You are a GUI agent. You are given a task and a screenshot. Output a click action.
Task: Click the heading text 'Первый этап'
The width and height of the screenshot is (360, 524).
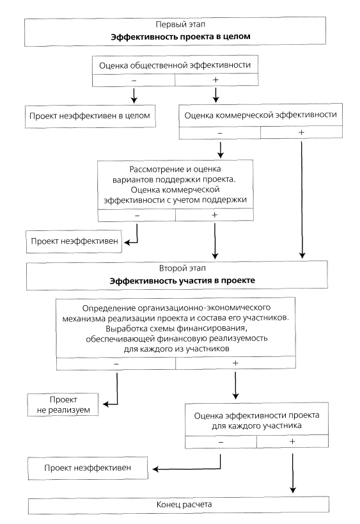[x=180, y=24]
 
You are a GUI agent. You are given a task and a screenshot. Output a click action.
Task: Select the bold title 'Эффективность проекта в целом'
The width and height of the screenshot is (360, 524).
[x=180, y=36]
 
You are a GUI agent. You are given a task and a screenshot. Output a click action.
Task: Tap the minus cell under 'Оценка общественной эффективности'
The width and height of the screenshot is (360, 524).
[x=134, y=80]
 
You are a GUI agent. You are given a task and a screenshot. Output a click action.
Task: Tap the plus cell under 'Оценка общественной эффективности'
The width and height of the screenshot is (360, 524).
[x=216, y=80]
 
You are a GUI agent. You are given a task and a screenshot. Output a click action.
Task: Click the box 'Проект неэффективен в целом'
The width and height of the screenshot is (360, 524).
[x=90, y=116]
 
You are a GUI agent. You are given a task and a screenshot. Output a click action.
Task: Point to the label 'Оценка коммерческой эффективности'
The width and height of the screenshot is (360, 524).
[x=260, y=115]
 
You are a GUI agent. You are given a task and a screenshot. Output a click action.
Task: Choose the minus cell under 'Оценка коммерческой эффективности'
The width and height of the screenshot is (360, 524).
[x=220, y=132]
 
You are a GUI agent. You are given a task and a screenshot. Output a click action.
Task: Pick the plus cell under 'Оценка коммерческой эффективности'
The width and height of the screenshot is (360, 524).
[x=301, y=132]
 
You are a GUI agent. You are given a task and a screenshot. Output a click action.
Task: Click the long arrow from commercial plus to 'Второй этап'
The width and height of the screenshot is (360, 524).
[x=302, y=200]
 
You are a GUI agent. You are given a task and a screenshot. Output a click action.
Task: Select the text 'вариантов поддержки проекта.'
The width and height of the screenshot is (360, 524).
[x=174, y=179]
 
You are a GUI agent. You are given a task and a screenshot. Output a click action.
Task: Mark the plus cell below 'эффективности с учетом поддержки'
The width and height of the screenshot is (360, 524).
[x=214, y=215]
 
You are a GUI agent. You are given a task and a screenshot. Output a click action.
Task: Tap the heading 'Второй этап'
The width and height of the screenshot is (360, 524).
[x=182, y=268]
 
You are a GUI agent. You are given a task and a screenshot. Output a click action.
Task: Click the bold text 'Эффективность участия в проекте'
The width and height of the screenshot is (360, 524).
[x=182, y=281]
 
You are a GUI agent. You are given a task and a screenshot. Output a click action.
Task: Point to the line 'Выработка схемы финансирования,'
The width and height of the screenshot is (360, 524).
[x=176, y=328]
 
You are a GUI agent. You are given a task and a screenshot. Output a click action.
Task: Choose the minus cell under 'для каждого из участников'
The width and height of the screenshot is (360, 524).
[x=116, y=363]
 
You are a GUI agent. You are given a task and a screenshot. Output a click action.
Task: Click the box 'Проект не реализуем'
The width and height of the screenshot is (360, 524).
[x=63, y=405]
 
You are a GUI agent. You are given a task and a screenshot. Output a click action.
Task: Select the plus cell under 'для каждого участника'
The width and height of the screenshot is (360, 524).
[x=292, y=441]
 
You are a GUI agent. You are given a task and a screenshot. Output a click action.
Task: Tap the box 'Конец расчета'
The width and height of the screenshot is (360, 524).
[x=178, y=505]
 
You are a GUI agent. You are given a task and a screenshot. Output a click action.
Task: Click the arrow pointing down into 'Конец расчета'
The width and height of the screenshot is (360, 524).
[x=293, y=473]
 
